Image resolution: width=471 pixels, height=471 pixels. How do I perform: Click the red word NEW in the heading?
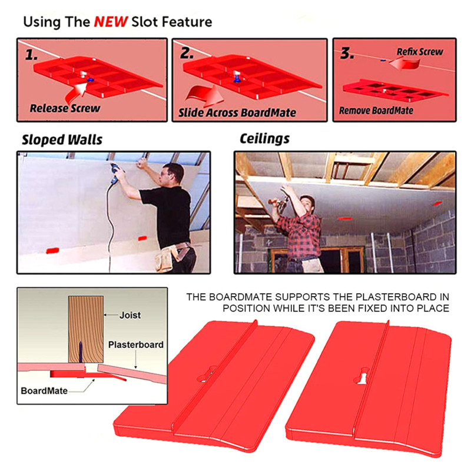111,22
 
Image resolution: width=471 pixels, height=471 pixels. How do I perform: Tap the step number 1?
31,55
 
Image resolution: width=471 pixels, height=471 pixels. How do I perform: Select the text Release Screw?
65,108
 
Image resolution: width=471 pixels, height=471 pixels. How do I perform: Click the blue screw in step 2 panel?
237,79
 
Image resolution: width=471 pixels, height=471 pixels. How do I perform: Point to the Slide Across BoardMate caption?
237,112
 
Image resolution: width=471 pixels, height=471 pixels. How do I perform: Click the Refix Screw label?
420,52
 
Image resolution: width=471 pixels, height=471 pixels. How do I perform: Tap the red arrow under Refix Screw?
404,64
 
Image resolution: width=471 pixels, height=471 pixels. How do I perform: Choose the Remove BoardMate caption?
376,111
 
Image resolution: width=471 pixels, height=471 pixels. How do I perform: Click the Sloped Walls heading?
62,140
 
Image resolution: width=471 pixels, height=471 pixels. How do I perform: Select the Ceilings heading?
264,139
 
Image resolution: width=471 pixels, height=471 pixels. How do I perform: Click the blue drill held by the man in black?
114,173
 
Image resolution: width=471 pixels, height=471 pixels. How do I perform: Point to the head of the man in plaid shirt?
307,203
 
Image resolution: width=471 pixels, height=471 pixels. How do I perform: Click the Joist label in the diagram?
130,315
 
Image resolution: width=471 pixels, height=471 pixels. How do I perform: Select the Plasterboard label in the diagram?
136,344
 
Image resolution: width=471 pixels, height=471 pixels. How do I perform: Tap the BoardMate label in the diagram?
44,391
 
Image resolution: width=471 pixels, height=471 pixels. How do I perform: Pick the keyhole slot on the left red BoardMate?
207,374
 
